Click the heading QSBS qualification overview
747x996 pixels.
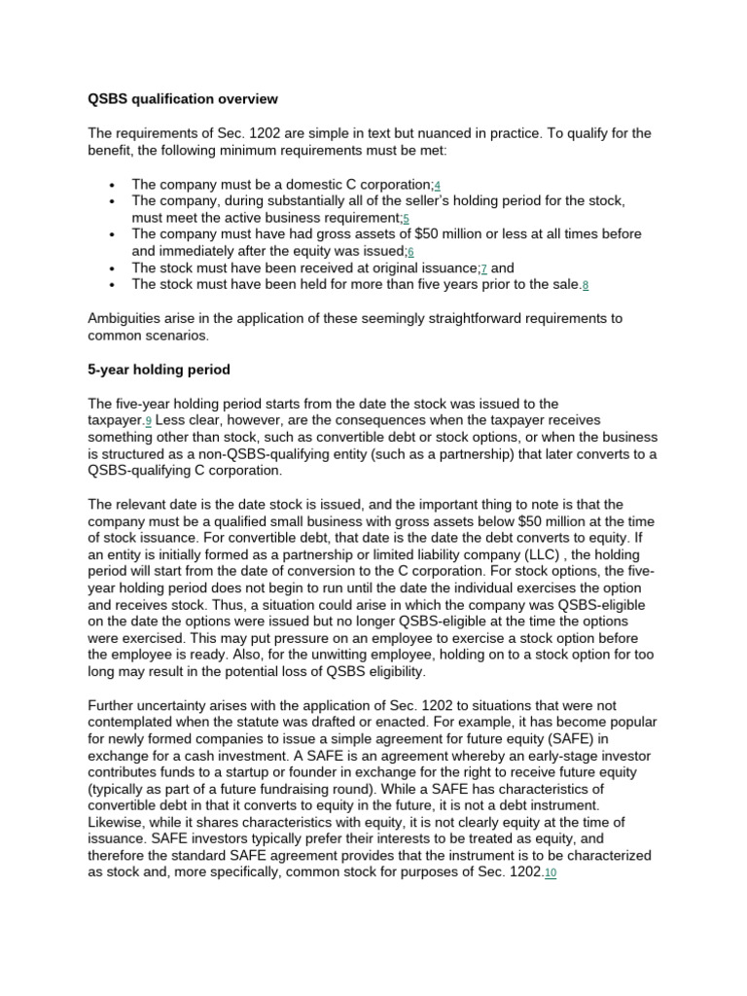pos(183,99)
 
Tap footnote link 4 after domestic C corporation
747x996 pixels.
pos(438,185)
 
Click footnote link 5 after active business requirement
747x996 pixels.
pos(406,218)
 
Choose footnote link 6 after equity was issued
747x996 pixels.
pos(410,252)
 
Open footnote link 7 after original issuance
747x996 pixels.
pos(483,268)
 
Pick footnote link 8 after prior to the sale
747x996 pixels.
pos(586,285)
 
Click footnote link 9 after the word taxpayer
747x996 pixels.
pos(149,421)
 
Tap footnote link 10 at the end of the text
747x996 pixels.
pos(551,874)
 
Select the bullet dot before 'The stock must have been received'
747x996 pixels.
pos(114,268)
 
